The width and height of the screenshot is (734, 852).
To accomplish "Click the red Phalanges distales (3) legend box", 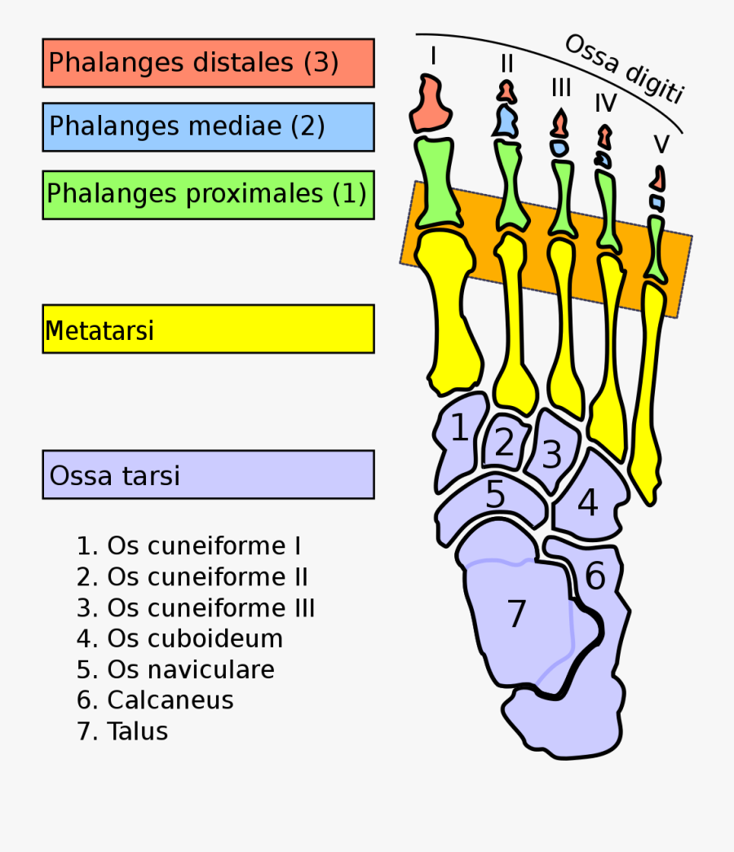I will (x=208, y=63).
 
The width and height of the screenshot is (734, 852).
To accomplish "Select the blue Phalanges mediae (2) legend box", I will (x=208, y=126).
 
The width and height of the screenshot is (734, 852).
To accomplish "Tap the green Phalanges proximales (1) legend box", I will (x=208, y=194).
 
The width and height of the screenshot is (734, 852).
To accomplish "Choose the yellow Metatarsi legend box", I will (x=208, y=329).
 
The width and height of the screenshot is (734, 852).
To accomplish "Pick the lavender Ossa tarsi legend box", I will (x=208, y=475).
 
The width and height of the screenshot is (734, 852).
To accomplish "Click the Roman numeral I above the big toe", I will (x=433, y=56).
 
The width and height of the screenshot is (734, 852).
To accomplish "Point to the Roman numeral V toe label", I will (x=661, y=145).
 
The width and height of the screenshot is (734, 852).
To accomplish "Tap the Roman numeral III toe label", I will (x=561, y=87).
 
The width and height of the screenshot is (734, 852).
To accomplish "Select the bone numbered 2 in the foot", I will (x=505, y=444).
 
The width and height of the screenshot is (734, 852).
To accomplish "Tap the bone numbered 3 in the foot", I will (x=552, y=454).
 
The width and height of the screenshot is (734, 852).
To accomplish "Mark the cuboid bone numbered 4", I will (x=588, y=504).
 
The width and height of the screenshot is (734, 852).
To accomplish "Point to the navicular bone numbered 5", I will (x=495, y=496).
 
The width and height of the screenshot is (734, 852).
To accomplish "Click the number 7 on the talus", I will (x=516, y=613).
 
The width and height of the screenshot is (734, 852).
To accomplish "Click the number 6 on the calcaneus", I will (x=595, y=577).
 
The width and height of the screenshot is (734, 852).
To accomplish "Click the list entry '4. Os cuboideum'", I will (x=179, y=638).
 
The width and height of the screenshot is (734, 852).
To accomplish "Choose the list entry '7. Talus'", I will (x=122, y=731).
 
